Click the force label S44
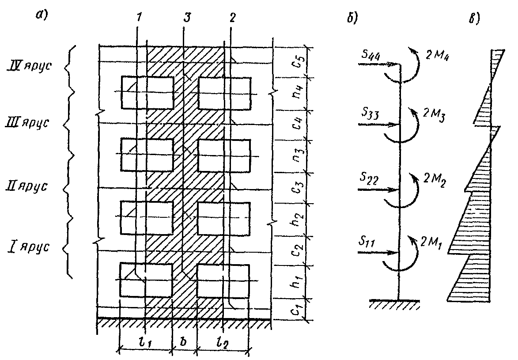point(369,56)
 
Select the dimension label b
point(184,343)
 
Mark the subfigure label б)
point(352,20)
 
